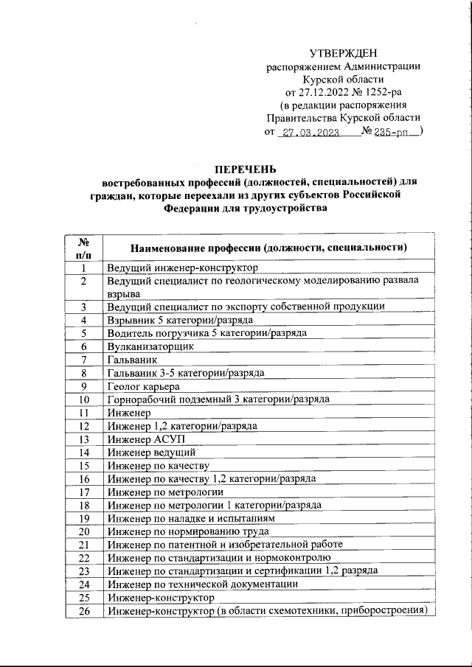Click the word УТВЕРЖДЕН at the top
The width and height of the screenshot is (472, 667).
(343, 52)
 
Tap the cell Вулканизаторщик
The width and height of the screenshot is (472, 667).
(150, 346)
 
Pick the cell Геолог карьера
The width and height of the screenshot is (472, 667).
(143, 385)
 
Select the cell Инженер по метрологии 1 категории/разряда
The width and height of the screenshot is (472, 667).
(214, 505)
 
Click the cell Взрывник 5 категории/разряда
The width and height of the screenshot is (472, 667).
(180, 319)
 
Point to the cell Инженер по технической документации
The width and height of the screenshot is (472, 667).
(203, 584)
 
